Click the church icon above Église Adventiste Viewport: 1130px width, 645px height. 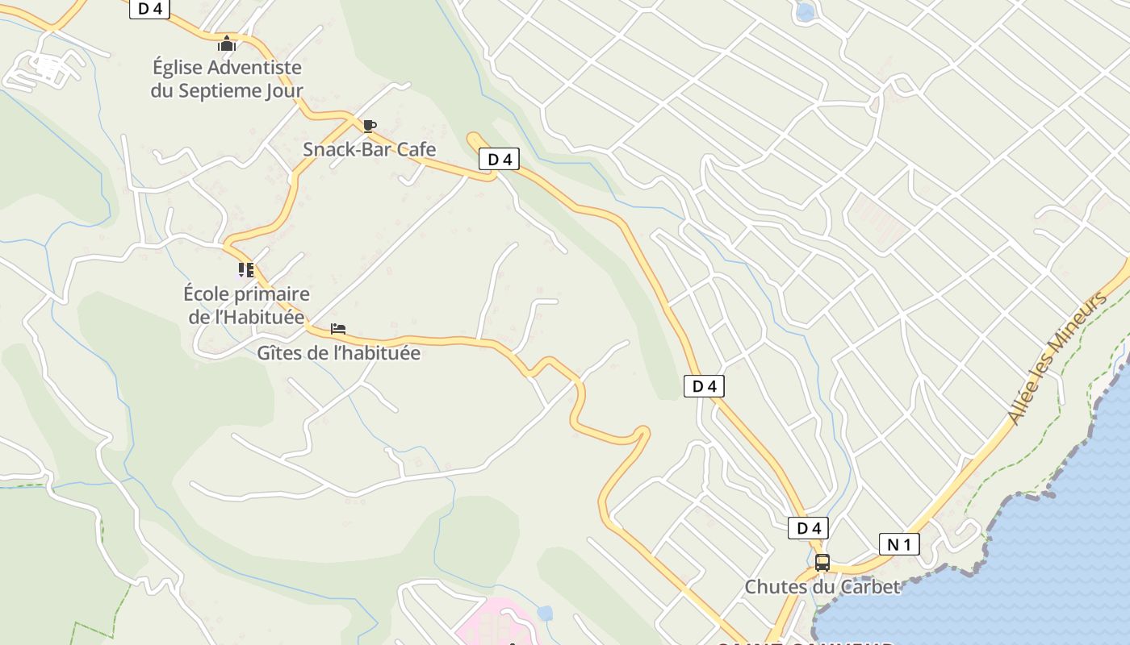click(227, 44)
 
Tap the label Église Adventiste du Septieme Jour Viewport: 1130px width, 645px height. click(227, 79)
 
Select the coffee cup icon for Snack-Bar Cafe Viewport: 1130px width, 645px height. click(369, 126)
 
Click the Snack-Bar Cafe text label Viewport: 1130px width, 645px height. click(369, 149)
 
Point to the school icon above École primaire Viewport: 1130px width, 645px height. click(246, 270)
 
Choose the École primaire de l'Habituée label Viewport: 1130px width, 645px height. click(246, 305)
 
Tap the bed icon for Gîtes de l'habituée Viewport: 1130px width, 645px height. click(338, 329)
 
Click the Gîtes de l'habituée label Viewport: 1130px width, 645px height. click(338, 352)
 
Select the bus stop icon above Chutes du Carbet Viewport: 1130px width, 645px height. click(822, 563)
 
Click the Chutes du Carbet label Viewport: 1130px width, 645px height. click(822, 587)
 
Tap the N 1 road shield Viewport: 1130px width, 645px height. click(898, 545)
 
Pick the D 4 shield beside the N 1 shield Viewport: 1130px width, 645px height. click(808, 528)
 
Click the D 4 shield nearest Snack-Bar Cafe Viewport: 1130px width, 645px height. click(500, 160)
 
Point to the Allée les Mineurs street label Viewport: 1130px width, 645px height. click(1057, 359)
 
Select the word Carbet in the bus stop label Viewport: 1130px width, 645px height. click(870, 587)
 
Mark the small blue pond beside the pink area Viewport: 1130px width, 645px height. click(545, 613)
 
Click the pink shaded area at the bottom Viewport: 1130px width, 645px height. click(492, 621)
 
